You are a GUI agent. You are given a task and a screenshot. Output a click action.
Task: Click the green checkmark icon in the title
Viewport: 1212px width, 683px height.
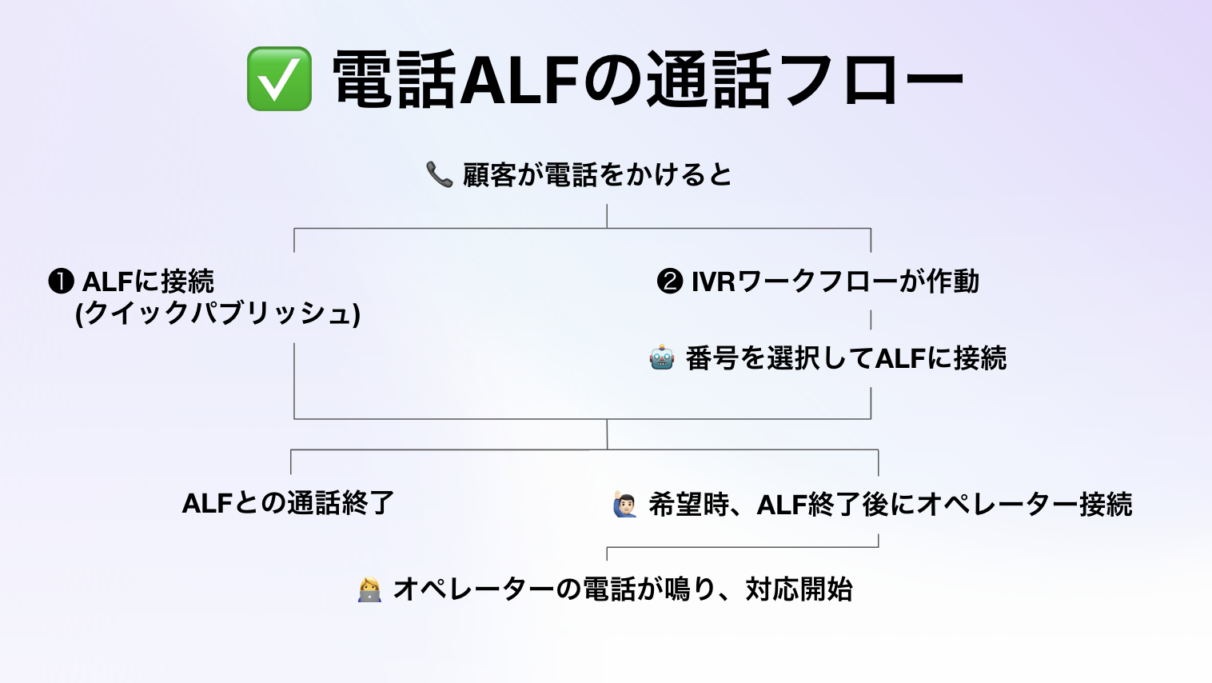point(279,78)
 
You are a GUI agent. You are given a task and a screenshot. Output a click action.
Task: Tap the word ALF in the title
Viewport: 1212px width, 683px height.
point(520,79)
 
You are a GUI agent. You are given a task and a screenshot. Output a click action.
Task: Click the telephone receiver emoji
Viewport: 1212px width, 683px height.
point(439,174)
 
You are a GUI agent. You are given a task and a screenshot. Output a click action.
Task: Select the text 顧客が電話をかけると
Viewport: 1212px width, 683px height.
point(597,174)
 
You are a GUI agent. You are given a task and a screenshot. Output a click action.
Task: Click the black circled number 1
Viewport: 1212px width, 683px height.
point(61,282)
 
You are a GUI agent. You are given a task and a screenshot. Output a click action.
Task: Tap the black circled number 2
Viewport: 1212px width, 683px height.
point(669,282)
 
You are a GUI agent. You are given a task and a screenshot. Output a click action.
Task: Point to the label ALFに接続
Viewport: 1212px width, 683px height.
point(149,282)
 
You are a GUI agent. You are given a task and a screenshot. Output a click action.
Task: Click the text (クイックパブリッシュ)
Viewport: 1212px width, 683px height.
point(217,313)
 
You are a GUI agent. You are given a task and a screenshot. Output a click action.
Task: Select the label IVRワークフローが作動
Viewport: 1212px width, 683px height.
point(835,282)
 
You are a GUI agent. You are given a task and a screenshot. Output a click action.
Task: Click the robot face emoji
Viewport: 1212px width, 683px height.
point(662,357)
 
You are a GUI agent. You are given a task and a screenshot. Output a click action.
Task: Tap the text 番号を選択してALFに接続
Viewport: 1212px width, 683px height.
point(846,358)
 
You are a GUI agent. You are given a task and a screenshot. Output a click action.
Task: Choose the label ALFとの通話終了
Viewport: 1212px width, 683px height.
point(289,503)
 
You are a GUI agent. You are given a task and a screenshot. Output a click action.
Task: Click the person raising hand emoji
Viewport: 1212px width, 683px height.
point(625,505)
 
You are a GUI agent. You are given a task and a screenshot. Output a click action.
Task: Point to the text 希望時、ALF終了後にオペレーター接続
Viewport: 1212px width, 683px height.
point(891,505)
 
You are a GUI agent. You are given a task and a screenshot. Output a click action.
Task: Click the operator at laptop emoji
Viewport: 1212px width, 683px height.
point(369,589)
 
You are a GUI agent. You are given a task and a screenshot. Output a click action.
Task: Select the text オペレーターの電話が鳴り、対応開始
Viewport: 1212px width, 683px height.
point(623,589)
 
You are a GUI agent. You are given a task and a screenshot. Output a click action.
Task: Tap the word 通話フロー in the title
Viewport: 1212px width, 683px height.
point(804,79)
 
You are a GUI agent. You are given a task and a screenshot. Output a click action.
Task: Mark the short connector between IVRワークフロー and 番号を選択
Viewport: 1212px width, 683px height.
point(871,320)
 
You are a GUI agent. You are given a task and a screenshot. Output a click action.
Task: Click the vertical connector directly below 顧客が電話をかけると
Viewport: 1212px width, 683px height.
point(607,216)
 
